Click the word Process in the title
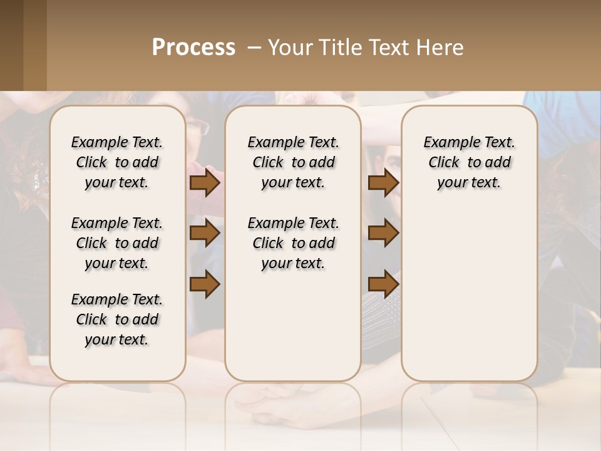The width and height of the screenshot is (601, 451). pyautogui.click(x=193, y=48)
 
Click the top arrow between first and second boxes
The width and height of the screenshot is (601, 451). pyautogui.click(x=205, y=183)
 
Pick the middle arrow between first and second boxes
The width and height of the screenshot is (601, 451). pyautogui.click(x=205, y=233)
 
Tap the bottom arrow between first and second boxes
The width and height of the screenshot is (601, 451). pyautogui.click(x=205, y=284)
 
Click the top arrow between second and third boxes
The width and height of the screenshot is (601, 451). pyautogui.click(x=383, y=183)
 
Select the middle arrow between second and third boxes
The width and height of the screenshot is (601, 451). pyautogui.click(x=383, y=233)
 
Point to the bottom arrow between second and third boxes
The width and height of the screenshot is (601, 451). pyautogui.click(x=383, y=284)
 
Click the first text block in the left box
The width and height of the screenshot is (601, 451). pyautogui.click(x=117, y=162)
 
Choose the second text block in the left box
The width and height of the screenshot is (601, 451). pyautogui.click(x=117, y=243)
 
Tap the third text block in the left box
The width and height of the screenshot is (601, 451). pyautogui.click(x=117, y=319)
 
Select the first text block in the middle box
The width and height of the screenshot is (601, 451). pyautogui.click(x=293, y=162)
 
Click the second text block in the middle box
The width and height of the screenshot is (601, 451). pyautogui.click(x=293, y=243)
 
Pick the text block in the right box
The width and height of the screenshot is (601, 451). pyautogui.click(x=469, y=162)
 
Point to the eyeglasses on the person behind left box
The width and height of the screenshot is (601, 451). pyautogui.click(x=198, y=127)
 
